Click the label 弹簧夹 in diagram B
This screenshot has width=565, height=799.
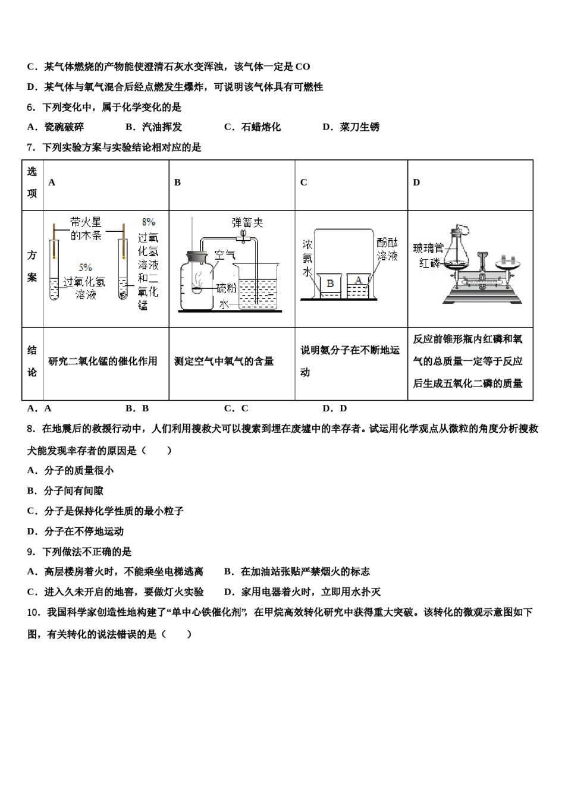point(247,222)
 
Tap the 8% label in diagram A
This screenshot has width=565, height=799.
point(148,222)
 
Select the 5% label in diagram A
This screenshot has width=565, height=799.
point(85,268)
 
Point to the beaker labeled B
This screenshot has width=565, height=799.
point(329,285)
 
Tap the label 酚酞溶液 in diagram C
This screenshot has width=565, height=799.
point(387,249)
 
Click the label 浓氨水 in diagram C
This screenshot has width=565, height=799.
point(307,258)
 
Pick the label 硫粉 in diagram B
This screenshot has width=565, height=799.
point(226,288)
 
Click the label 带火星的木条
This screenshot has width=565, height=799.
point(86,228)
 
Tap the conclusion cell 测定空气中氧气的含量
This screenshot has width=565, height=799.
point(224,361)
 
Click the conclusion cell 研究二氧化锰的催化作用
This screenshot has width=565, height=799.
point(103,361)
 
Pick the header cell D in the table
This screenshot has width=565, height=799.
point(416,183)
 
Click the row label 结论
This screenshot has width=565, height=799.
point(32,361)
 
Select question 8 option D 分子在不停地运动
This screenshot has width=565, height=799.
point(76,531)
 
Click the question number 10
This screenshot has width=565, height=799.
point(33,612)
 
